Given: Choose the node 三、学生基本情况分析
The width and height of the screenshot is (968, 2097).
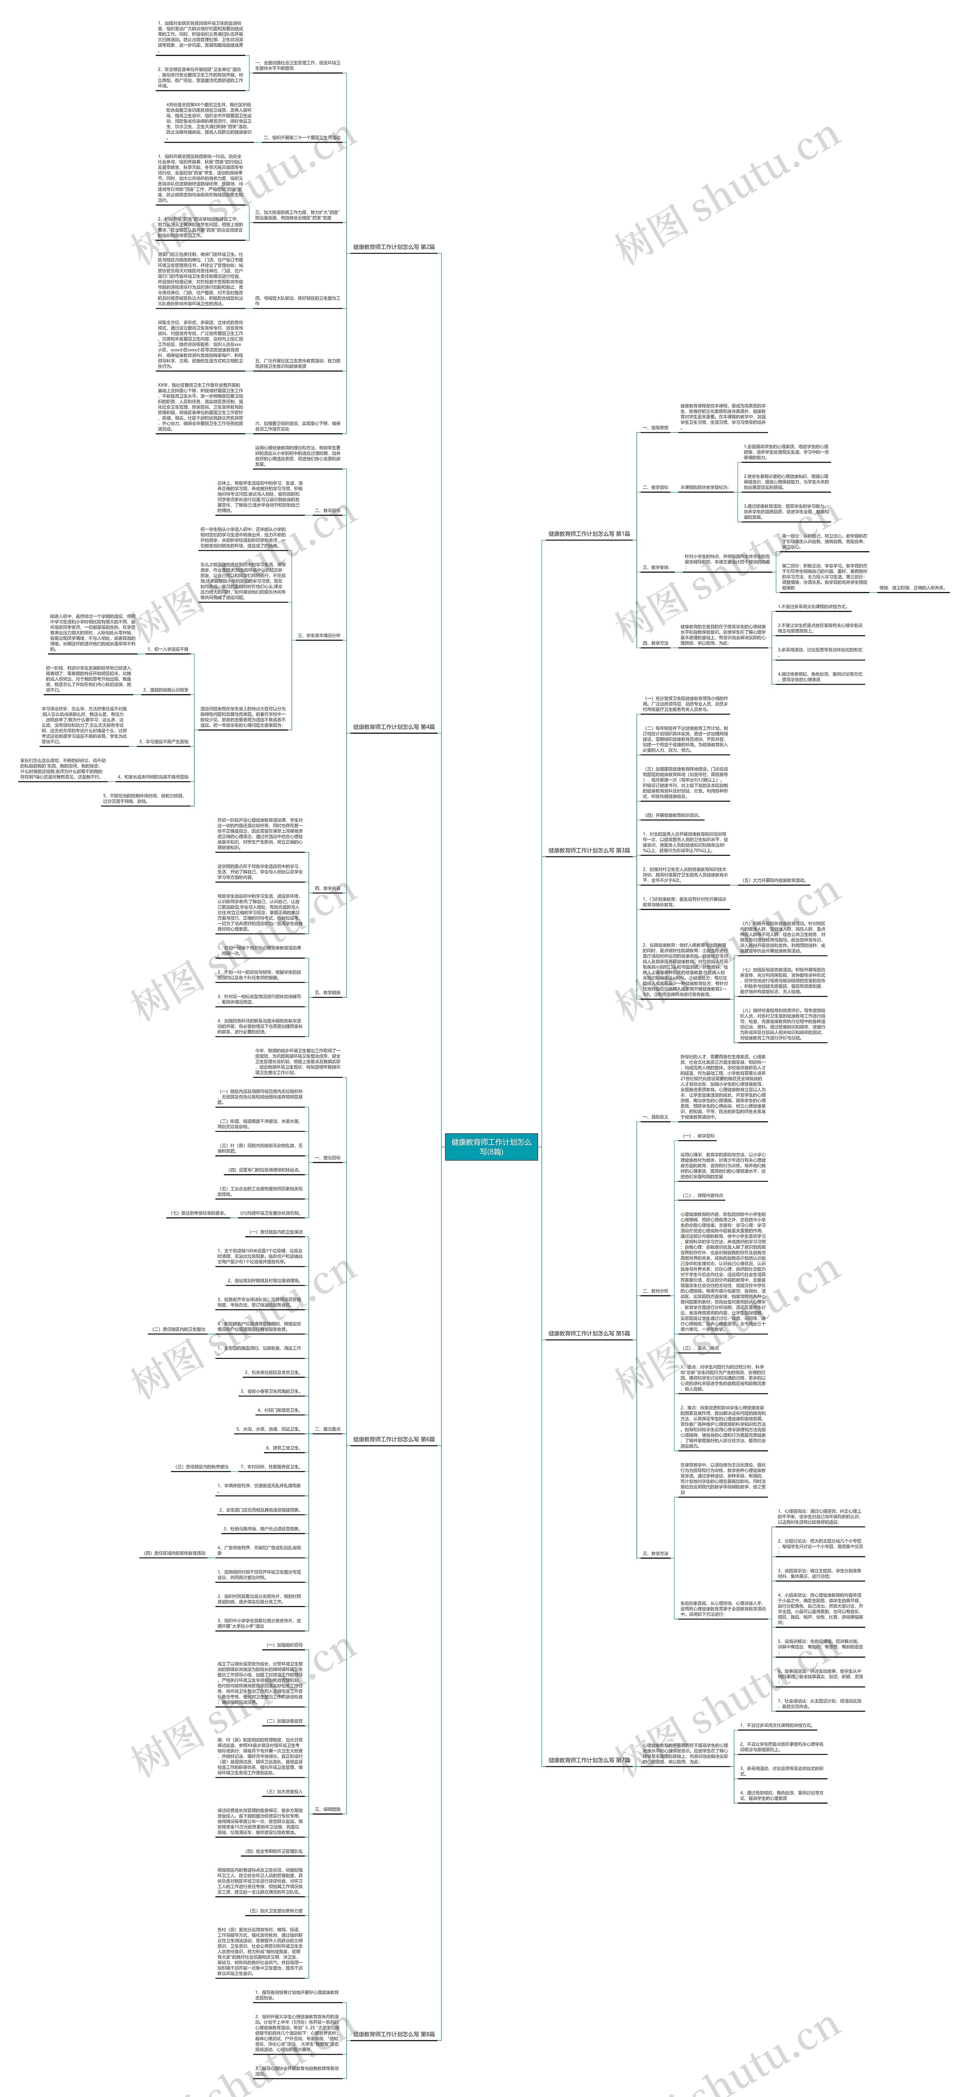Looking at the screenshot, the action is tap(319, 635).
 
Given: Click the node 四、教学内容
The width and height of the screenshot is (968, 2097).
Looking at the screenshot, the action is tap(327, 888).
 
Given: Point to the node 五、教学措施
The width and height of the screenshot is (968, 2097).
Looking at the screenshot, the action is tap(327, 992).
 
